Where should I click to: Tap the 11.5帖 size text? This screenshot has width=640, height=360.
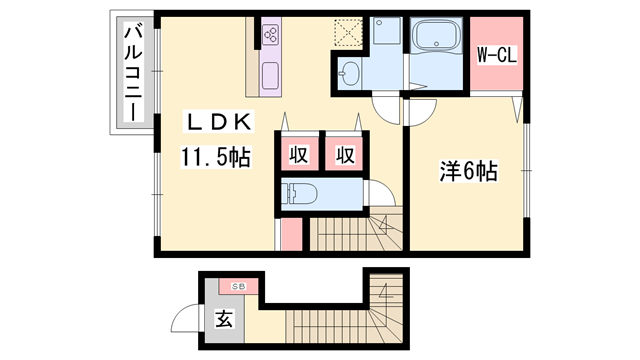pos(215,157)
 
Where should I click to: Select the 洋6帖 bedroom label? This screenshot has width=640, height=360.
pos(466,172)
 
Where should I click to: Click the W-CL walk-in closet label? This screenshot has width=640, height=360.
pos(494,55)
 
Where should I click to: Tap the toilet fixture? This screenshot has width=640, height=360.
pos(302,194)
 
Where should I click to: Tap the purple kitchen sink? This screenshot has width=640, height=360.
pos(270,75)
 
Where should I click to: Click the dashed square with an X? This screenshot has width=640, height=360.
pos(348,33)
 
